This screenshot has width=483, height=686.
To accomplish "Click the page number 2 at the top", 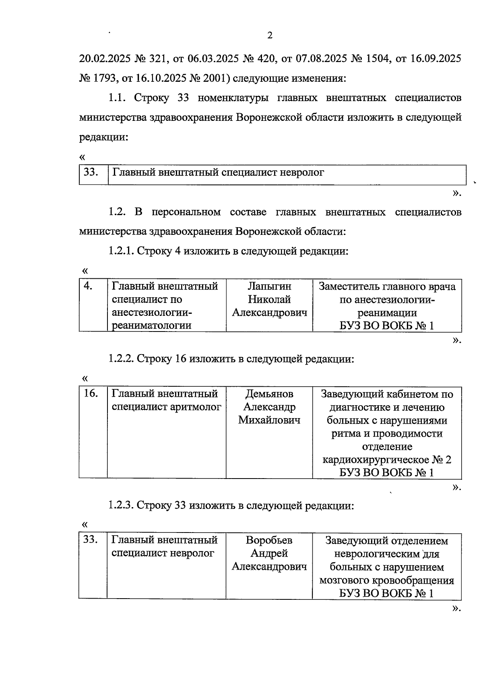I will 270,35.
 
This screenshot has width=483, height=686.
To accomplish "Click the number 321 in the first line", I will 157,59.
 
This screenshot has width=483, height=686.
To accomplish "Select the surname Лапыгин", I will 269,286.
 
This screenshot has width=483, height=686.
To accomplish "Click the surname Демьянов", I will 269,394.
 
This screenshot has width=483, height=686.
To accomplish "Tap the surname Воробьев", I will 269,540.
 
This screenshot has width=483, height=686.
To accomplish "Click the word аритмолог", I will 196,407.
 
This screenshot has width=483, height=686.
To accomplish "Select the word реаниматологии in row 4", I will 151,325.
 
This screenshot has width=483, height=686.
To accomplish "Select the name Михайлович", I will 269,420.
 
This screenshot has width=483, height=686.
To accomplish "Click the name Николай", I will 269,299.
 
